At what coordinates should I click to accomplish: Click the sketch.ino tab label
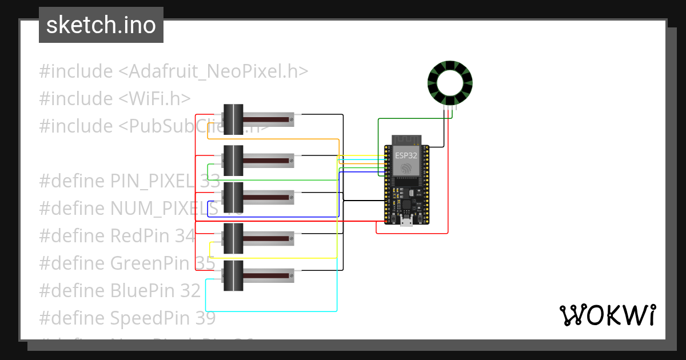[x=101, y=25]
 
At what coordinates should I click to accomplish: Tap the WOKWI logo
[x=607, y=315]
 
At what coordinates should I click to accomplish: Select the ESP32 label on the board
[x=406, y=154]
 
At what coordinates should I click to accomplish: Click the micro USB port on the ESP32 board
[x=406, y=222]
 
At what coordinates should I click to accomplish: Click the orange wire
[x=274, y=138]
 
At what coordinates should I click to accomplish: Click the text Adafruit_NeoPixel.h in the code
[x=213, y=71]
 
